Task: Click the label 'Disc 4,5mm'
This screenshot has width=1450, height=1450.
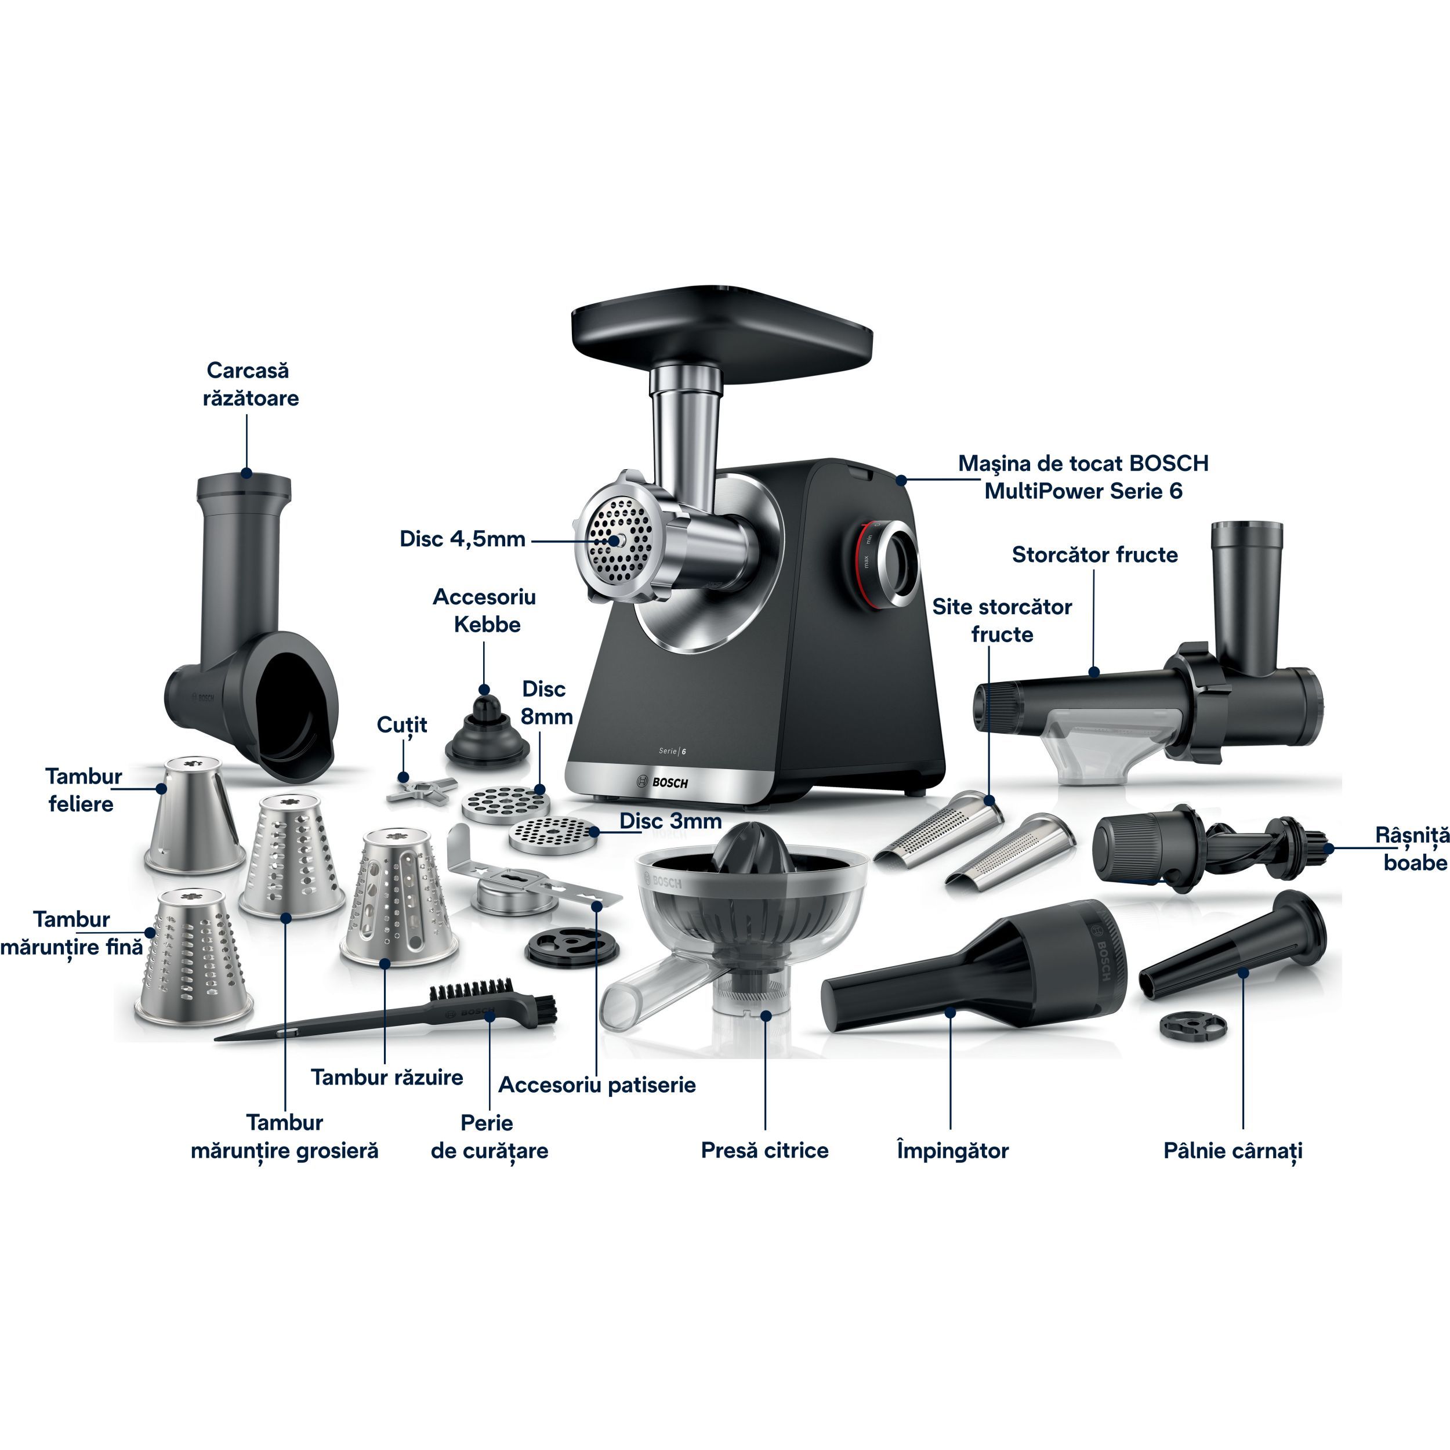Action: click(462, 539)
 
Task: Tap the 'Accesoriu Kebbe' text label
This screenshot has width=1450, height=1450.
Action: click(485, 611)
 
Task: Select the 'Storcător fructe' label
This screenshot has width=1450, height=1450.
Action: click(1095, 554)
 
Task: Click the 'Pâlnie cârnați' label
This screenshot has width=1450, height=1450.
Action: click(1233, 1151)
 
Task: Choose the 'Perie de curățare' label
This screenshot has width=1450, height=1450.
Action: click(490, 1137)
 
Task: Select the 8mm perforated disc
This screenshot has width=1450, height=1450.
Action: click(501, 805)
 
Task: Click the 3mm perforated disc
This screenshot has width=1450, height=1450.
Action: click(553, 835)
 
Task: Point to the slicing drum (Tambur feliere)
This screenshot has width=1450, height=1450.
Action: click(194, 815)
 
